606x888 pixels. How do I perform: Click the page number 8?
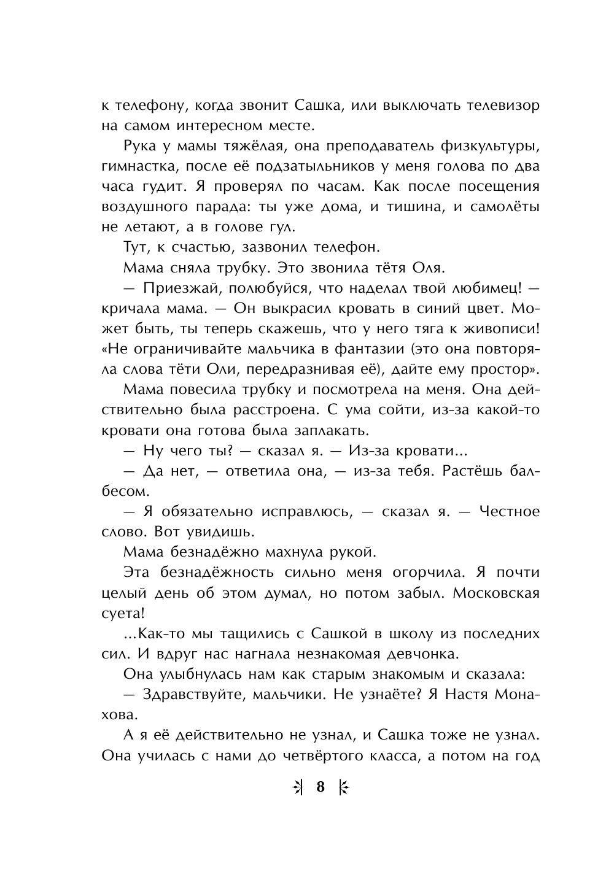[x=320, y=786]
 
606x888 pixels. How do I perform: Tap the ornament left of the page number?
[x=298, y=787]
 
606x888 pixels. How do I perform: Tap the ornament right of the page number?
[x=343, y=787]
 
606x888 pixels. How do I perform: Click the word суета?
[x=121, y=613]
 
